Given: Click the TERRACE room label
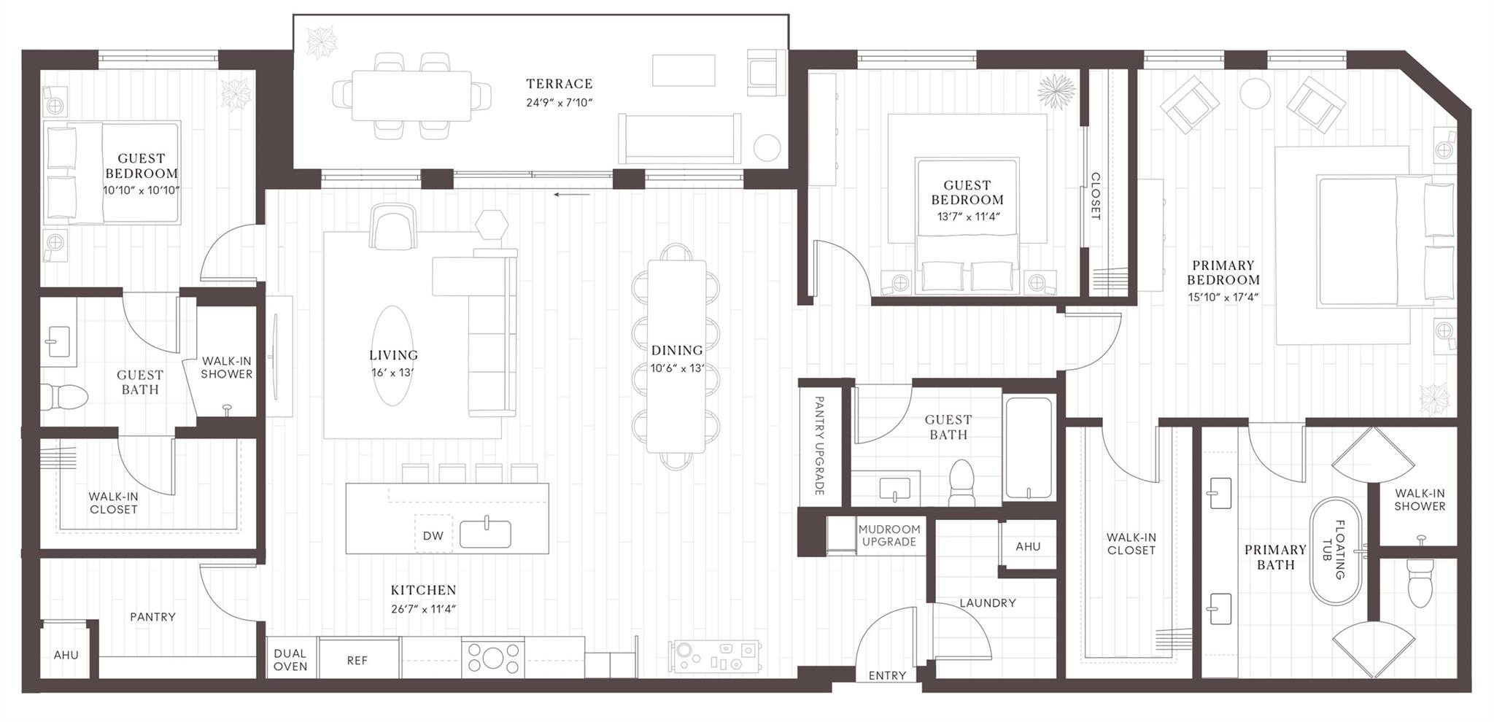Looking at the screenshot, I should (x=560, y=84).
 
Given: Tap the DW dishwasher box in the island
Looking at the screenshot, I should (x=433, y=535).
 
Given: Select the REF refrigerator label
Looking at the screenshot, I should (x=357, y=660).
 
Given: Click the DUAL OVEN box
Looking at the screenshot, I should (x=290, y=659).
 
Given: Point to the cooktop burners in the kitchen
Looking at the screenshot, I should (x=492, y=657).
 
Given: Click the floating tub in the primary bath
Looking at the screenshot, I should (x=1336, y=551).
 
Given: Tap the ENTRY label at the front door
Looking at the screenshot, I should (x=887, y=675).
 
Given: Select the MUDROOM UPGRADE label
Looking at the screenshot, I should (x=889, y=535).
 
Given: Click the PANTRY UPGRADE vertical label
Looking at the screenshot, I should (x=819, y=446).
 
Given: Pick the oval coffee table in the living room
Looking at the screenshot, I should (x=393, y=355).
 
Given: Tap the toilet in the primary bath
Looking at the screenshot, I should (x=1420, y=583).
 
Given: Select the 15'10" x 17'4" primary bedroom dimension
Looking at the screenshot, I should (x=1223, y=297).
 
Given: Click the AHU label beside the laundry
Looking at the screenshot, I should (x=1028, y=546).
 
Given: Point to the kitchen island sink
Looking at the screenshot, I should (x=485, y=534).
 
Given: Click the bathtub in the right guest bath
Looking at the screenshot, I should (x=1029, y=447).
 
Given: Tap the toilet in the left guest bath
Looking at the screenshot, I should (x=64, y=397).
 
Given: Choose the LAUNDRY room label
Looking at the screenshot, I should (x=987, y=603).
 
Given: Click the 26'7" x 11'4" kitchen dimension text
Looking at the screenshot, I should (x=423, y=609).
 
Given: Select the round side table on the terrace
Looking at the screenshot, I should (x=767, y=148).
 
